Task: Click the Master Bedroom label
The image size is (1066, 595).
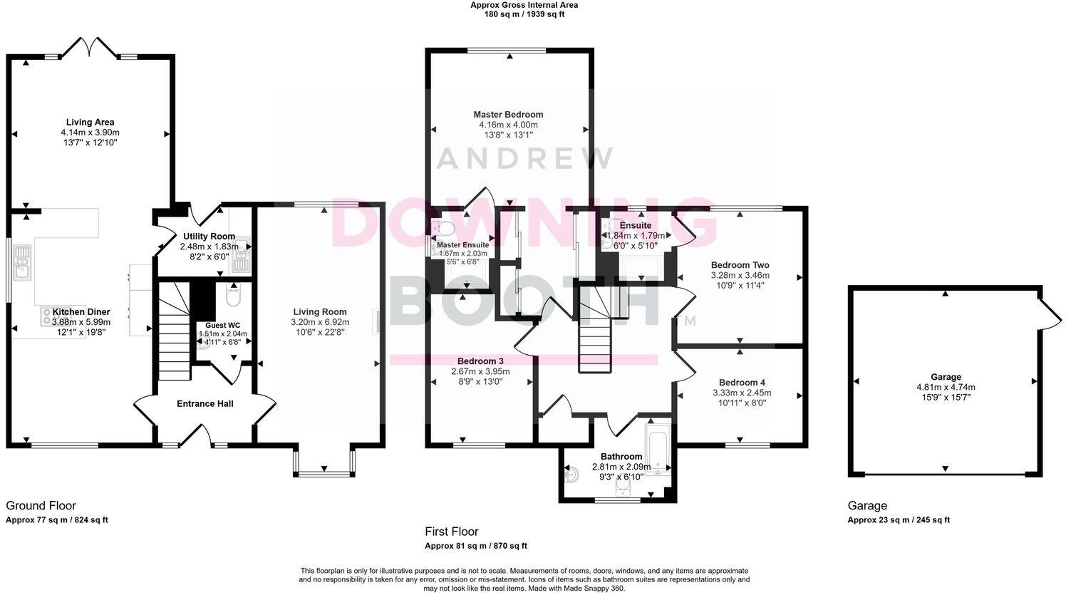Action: click(x=508, y=114)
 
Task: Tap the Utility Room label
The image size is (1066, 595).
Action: click(x=209, y=237)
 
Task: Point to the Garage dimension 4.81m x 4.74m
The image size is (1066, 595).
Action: click(x=946, y=388)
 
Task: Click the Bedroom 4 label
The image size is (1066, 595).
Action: click(x=742, y=383)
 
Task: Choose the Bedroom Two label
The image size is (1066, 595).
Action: click(x=740, y=265)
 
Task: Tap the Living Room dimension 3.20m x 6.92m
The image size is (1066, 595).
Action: click(x=320, y=322)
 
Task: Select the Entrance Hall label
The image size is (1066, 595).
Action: click(x=205, y=404)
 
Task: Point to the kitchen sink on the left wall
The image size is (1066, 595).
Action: click(x=22, y=262)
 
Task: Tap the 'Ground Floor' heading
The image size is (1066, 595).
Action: click(x=41, y=506)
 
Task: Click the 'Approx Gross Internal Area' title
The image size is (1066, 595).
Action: click(x=524, y=5)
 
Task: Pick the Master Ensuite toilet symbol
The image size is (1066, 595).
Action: click(x=445, y=228)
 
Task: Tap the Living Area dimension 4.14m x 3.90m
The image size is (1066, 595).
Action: click(x=90, y=133)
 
